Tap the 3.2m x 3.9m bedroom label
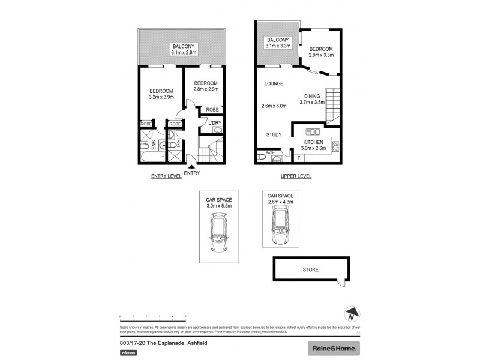pos(161,94)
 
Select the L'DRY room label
pos(215,123)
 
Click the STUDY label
pos(274,135)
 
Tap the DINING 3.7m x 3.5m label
pos(312,99)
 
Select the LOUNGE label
pos(273,83)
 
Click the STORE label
pos(310,270)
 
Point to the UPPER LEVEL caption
pos(296,176)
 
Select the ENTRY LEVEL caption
pos(164,176)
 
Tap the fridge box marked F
pos(299,158)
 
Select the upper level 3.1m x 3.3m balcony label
pos(278,43)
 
